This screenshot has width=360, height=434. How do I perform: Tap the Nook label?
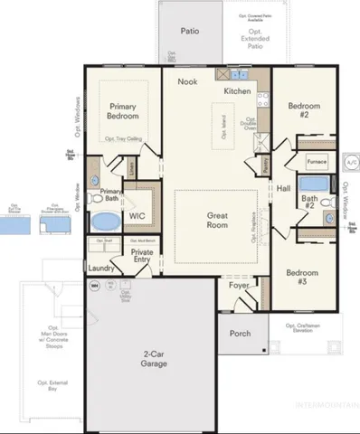point(187,81)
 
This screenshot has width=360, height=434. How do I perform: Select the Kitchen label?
point(238,91)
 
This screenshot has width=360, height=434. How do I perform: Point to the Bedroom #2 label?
point(304,110)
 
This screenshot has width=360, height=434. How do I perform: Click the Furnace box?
point(317,162)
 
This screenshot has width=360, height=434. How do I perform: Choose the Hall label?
point(284,188)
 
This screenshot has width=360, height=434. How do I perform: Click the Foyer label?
point(239,285)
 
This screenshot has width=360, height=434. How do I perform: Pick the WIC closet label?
point(137,217)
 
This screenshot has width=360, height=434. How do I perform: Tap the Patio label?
point(190,30)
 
